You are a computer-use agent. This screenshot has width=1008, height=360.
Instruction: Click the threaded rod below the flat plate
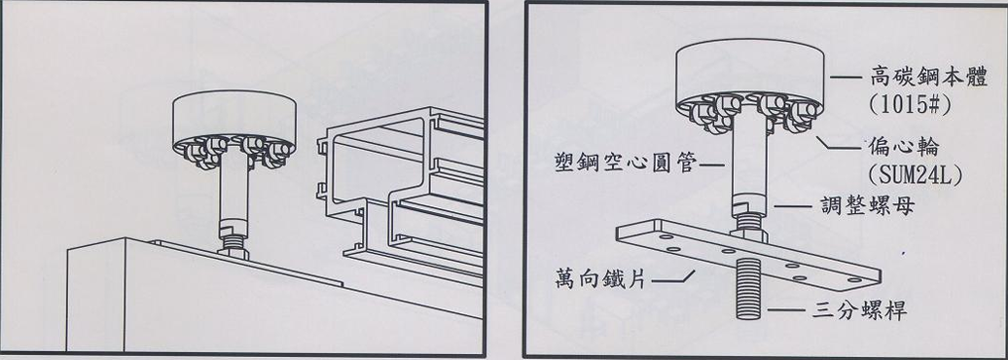coord(747,290)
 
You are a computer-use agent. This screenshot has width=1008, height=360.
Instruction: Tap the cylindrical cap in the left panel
coord(234,121)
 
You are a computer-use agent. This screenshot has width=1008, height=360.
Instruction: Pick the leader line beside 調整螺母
coord(791,206)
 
